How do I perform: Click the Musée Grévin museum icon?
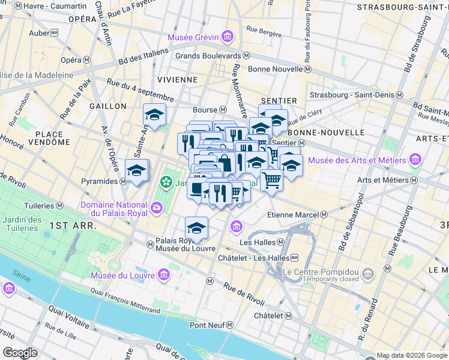(x=227, y=38)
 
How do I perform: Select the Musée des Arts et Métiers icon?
(x=415, y=160)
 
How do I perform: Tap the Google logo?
(x=20, y=352)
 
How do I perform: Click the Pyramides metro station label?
(x=103, y=181)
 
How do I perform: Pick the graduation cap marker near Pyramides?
(x=137, y=170)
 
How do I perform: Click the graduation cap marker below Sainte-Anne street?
(x=155, y=115)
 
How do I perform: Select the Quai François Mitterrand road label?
(x=126, y=300)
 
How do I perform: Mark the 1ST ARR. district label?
(x=67, y=225)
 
